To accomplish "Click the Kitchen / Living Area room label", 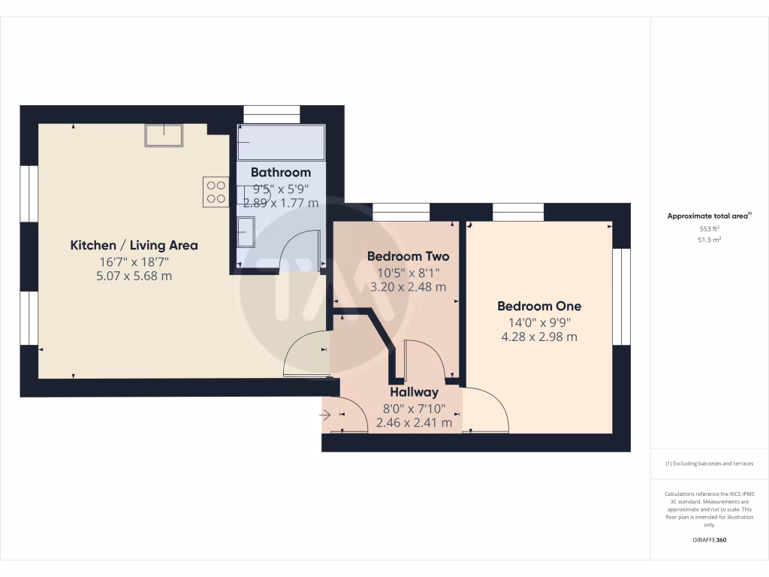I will (x=134, y=245).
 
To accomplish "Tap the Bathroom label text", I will (x=281, y=173).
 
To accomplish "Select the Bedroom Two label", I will (x=408, y=256).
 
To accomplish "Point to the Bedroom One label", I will (x=539, y=307).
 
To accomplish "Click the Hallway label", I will (x=414, y=392).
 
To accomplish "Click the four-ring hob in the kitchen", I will (x=216, y=192).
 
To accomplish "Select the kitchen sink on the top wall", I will (x=164, y=135).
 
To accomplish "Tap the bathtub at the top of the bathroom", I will (x=282, y=142).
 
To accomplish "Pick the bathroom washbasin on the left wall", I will (x=246, y=231).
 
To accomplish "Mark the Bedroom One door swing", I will (x=487, y=410).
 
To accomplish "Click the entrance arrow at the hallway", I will (x=325, y=414).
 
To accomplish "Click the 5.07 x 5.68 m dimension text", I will (x=134, y=276).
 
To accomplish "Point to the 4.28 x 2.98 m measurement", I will (x=539, y=337).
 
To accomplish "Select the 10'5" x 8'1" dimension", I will (x=408, y=272).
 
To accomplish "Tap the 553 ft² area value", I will (x=710, y=228).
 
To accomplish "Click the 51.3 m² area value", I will (x=710, y=240).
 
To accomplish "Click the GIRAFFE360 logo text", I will (x=710, y=539).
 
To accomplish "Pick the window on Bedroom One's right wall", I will (x=621, y=296).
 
